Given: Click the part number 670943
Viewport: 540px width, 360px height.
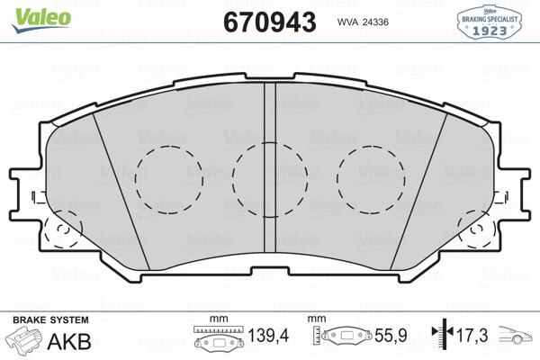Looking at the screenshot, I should [x=269, y=21].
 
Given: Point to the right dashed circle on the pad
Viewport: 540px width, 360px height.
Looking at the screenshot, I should [x=370, y=179].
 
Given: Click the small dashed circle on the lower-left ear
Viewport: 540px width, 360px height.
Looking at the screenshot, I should [x=60, y=237].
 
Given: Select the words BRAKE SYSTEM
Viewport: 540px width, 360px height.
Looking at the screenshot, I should [x=50, y=320].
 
